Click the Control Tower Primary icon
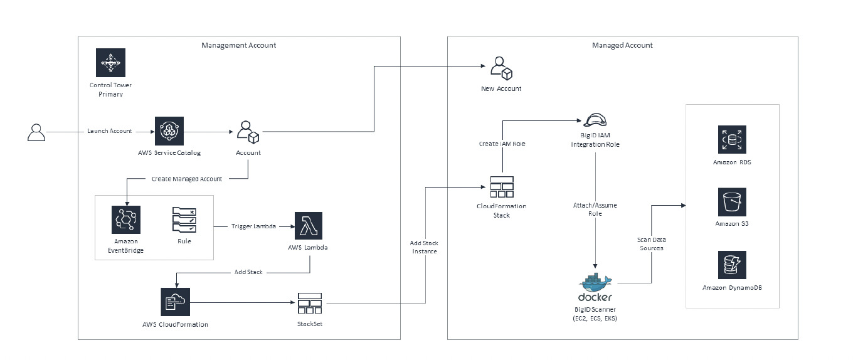coord(110,63)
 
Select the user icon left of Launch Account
coord(36,132)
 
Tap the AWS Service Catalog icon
coord(169,131)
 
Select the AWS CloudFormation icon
coord(175,303)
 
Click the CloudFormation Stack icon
coord(501,187)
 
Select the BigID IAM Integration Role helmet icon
coord(594,120)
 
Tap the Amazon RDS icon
coord(732,139)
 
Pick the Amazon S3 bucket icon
coord(732,202)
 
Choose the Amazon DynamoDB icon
coord(732,265)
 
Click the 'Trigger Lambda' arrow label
coord(253,225)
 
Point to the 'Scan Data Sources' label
coord(650,243)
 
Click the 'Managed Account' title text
coord(622,45)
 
